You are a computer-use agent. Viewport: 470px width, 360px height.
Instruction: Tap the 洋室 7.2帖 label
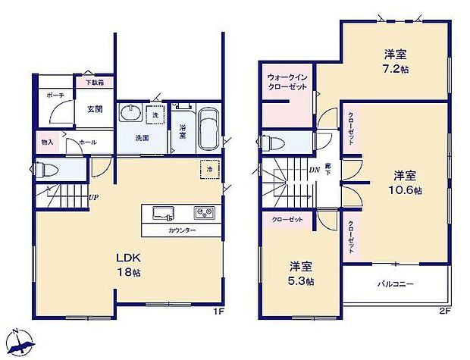(395, 61)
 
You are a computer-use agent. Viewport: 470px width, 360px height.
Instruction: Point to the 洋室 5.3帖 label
(302, 273)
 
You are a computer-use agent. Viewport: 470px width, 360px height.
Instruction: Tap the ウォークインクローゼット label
(287, 82)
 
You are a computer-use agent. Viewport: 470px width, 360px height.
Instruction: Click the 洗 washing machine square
(155, 114)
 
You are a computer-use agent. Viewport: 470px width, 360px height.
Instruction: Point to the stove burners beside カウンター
(204, 211)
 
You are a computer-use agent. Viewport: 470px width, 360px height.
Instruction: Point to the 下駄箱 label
(94, 82)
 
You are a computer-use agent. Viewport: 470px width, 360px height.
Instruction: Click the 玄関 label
(95, 109)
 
